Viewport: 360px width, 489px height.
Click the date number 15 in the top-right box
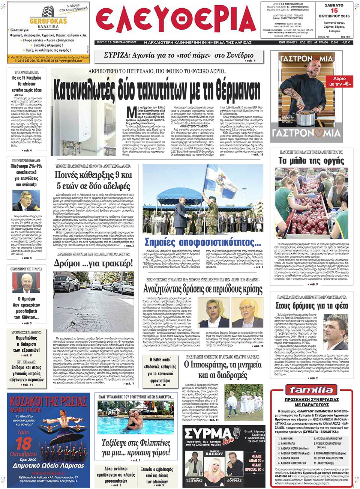334,11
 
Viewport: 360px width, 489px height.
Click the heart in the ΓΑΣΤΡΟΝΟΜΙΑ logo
318,133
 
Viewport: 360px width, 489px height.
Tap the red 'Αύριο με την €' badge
340,81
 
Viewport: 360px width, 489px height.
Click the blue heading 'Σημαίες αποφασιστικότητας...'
203,242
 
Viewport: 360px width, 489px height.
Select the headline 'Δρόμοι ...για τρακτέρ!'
93,263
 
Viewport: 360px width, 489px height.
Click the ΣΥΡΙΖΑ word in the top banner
117,56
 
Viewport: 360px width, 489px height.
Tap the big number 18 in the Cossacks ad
23,443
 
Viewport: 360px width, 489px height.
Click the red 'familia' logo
311,390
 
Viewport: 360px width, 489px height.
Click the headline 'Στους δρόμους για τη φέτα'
312,306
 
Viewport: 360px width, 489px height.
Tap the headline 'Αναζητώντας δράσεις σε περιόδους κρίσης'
203,289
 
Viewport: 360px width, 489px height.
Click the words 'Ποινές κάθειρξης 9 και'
93,175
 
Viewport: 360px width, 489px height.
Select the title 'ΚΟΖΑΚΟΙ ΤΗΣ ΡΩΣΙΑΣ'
48,402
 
